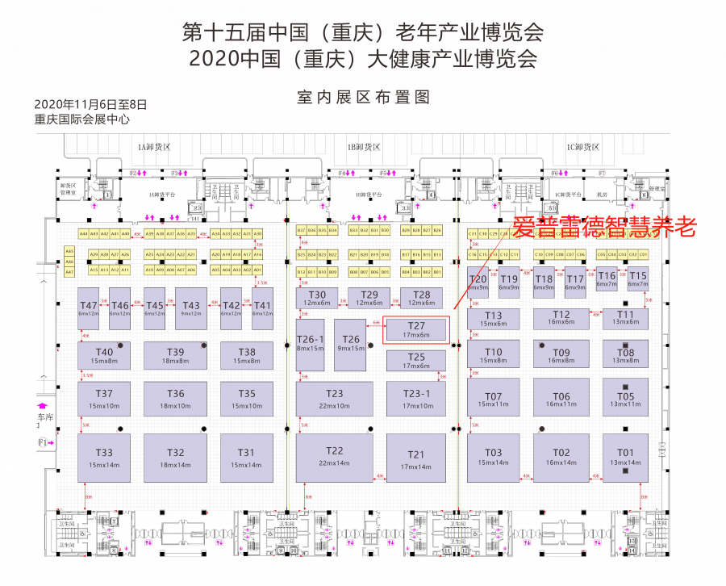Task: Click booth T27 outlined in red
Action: point(415,329)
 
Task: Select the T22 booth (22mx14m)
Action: point(334,458)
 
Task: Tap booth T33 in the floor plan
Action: point(104,458)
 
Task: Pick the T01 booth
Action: point(625,458)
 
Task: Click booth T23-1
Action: point(416,399)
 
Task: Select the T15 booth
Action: point(637,279)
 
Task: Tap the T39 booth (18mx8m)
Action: point(176,355)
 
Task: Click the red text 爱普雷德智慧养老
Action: point(604,227)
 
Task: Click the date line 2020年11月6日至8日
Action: point(91,104)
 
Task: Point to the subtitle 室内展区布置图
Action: point(363,98)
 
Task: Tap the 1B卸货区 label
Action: point(363,147)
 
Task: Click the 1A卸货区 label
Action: point(154,147)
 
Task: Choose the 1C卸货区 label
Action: point(582,147)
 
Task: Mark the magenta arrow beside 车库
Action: point(44,405)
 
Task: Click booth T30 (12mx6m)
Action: point(317,298)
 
